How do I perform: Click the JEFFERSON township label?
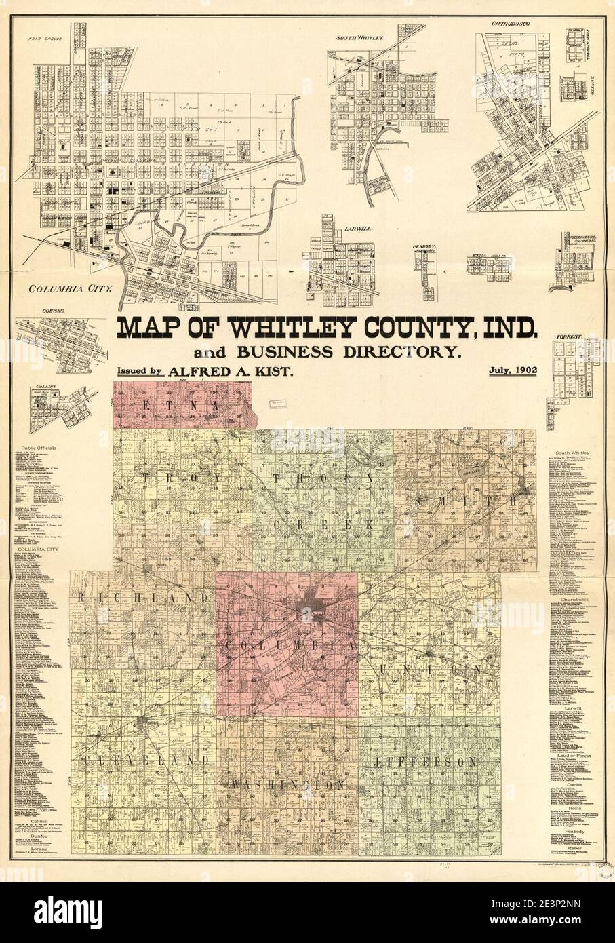point(426,763)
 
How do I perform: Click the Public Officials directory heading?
point(37,449)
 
